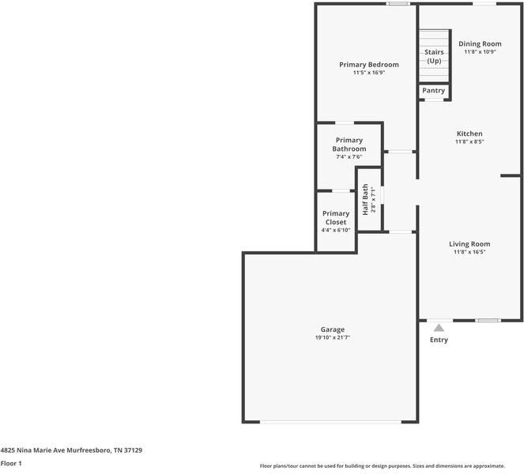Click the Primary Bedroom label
pyautogui.click(x=368, y=64)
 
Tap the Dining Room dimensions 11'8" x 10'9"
pyautogui.click(x=480, y=51)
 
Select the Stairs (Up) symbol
pyautogui.click(x=433, y=56)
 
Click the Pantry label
pyautogui.click(x=433, y=91)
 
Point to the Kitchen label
pyautogui.click(x=469, y=134)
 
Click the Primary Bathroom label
pyautogui.click(x=349, y=145)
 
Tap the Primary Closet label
pyautogui.click(x=336, y=218)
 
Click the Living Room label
pyautogui.click(x=469, y=244)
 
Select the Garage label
pyautogui.click(x=332, y=329)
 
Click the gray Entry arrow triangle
pyautogui.click(x=439, y=327)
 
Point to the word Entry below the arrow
pyautogui.click(x=439, y=340)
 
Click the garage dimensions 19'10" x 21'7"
pyautogui.click(x=332, y=337)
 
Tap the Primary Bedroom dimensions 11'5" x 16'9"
pyautogui.click(x=368, y=73)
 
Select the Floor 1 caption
pyautogui.click(x=11, y=463)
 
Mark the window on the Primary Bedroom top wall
pyautogui.click(x=398, y=4)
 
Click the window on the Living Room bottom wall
pyautogui.click(x=488, y=320)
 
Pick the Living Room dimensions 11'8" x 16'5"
pyautogui.click(x=469, y=253)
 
